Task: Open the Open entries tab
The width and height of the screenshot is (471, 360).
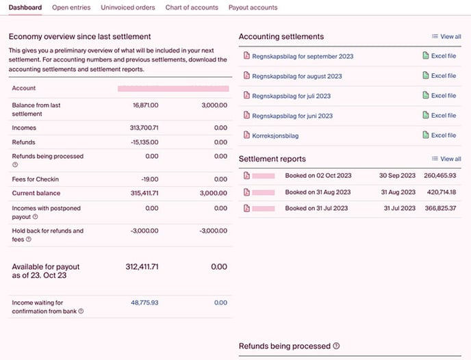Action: coord(71,8)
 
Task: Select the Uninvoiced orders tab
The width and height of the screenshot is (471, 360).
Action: coord(128,8)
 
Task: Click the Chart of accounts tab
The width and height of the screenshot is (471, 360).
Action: coord(192,8)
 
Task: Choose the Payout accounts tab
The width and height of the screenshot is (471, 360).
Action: coord(253,8)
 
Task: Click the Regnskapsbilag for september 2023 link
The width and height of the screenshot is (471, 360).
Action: coord(303,56)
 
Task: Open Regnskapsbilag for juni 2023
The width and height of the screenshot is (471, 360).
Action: coord(292,116)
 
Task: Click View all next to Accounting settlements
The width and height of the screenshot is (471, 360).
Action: coord(446,36)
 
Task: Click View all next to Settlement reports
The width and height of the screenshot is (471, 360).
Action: coord(446,159)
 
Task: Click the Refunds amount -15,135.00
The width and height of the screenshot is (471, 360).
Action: coord(144,142)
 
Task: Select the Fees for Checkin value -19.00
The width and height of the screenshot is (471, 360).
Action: coord(149,179)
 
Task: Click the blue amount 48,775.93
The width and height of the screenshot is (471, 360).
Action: coord(144,303)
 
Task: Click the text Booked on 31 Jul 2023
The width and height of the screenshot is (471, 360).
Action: coord(316,208)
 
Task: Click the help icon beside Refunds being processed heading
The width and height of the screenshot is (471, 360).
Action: coord(336,346)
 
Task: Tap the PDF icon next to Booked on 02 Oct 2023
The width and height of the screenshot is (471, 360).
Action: coord(247,176)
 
